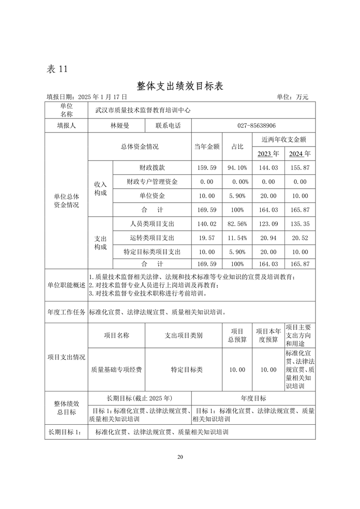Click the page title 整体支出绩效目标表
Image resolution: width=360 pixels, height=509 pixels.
[180, 86]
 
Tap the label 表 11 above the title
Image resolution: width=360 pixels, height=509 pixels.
[57, 69]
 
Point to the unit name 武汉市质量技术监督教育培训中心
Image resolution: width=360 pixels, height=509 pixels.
[143, 110]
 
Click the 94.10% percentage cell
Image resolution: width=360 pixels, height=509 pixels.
[237, 168]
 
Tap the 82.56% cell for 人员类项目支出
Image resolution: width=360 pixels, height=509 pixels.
[237, 224]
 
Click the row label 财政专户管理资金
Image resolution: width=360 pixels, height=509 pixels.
[152, 182]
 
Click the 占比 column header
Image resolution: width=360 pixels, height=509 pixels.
[237, 147]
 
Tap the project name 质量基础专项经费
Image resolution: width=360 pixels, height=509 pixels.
[116, 370]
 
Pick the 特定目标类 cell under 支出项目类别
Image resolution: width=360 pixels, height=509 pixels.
[186, 370]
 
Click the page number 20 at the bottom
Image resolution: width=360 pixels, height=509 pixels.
[180, 457]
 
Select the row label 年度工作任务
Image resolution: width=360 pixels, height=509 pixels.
[66, 313]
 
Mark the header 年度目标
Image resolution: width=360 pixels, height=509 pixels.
[253, 398]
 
